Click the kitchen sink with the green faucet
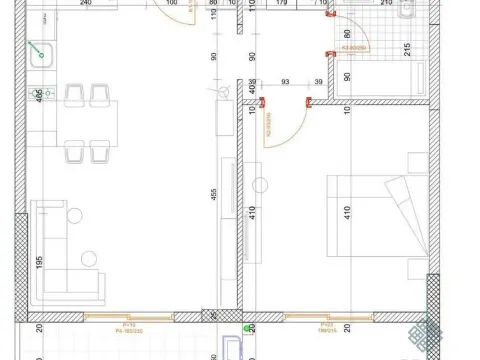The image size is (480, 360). click(41, 56)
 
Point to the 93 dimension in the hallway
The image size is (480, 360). click(286, 82)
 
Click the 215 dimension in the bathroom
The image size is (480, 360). click(408, 49)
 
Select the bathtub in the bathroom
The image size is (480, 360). click(383, 79)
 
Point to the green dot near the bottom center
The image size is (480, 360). click(246, 325)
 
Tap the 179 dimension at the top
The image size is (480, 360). click(281, 3)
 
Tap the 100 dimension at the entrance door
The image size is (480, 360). click(172, 3)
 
